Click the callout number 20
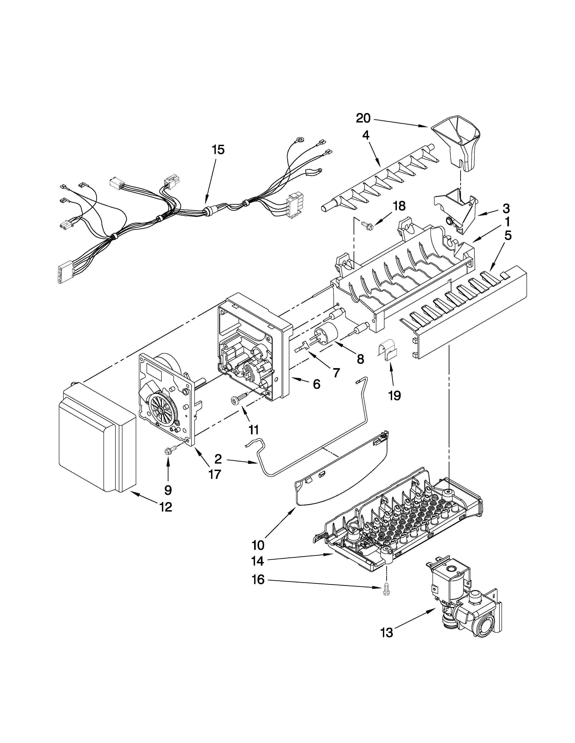click(x=363, y=118)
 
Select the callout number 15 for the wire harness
click(x=218, y=150)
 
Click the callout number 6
click(x=316, y=384)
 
